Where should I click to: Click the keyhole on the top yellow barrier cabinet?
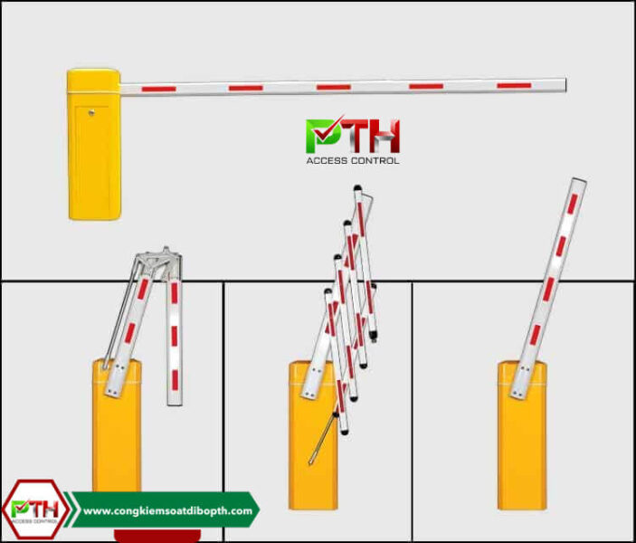pyautogui.click(x=91, y=112)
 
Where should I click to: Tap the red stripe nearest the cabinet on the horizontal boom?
pyautogui.click(x=159, y=89)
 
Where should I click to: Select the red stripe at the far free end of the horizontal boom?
pyautogui.click(x=514, y=86)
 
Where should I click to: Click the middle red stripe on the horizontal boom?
pyautogui.click(x=334, y=87)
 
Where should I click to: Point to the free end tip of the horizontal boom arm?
pyautogui.click(x=565, y=85)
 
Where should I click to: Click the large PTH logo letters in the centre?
pyautogui.click(x=353, y=135)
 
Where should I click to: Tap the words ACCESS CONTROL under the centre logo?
pyautogui.click(x=353, y=161)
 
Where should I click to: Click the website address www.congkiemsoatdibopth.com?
pyautogui.click(x=167, y=510)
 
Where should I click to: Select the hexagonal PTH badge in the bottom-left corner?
pyautogui.click(x=35, y=510)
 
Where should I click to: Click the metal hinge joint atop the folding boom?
pyautogui.click(x=159, y=262)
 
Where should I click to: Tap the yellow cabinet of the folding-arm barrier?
pyautogui.click(x=117, y=424)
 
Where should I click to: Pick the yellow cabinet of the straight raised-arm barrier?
pyautogui.click(x=522, y=434)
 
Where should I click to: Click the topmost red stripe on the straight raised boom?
pyautogui.click(x=573, y=204)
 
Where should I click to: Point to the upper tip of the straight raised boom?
pyautogui.click(x=580, y=180)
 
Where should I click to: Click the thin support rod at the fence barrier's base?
pyautogui.click(x=323, y=438)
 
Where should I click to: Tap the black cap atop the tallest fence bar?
pyautogui.click(x=357, y=188)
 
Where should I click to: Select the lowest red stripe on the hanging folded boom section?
pyautogui.click(x=175, y=380)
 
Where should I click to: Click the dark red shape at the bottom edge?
pyautogui.click(x=157, y=535)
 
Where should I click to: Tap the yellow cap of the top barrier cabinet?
pyautogui.click(x=94, y=81)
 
